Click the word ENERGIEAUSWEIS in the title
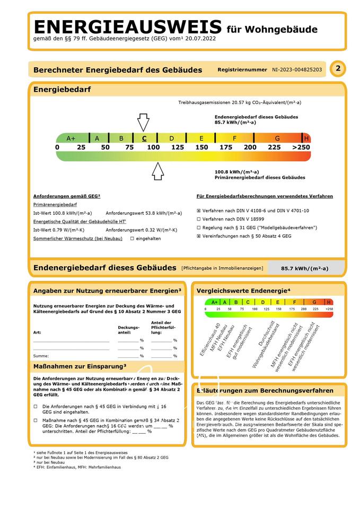coord(127,27)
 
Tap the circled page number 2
coord(337,68)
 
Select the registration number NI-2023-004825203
coord(296,69)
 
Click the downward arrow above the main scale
coord(143,121)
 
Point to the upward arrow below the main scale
coord(157,171)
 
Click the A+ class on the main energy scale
coord(72,138)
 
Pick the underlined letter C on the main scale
coord(144,138)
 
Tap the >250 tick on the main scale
coord(301,147)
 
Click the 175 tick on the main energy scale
coord(226,147)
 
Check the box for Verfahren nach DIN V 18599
coord(199,219)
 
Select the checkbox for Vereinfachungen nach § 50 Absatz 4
coord(199,236)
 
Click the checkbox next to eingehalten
coord(132,239)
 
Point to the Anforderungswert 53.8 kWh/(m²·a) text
coord(140,213)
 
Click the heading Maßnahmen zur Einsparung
coord(80,366)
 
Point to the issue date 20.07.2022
coord(200,38)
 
